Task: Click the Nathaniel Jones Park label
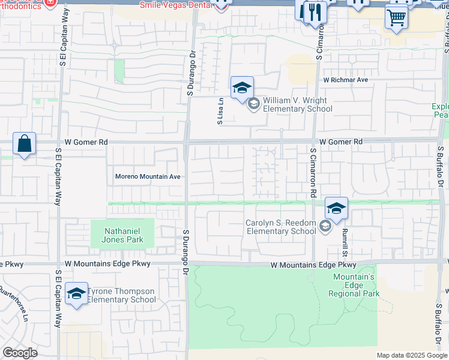(x=122, y=235)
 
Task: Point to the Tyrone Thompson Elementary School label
(x=122, y=295)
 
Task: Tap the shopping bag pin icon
(x=24, y=144)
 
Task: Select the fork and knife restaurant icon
(x=315, y=11)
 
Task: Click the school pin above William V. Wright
(x=242, y=88)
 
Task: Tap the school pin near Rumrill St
(x=336, y=208)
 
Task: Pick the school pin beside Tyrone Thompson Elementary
(x=76, y=293)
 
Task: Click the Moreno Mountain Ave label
(x=148, y=177)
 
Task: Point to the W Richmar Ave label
(x=345, y=79)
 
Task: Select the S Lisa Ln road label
(x=220, y=112)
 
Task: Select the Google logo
(x=20, y=353)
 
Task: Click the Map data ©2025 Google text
(x=411, y=355)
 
